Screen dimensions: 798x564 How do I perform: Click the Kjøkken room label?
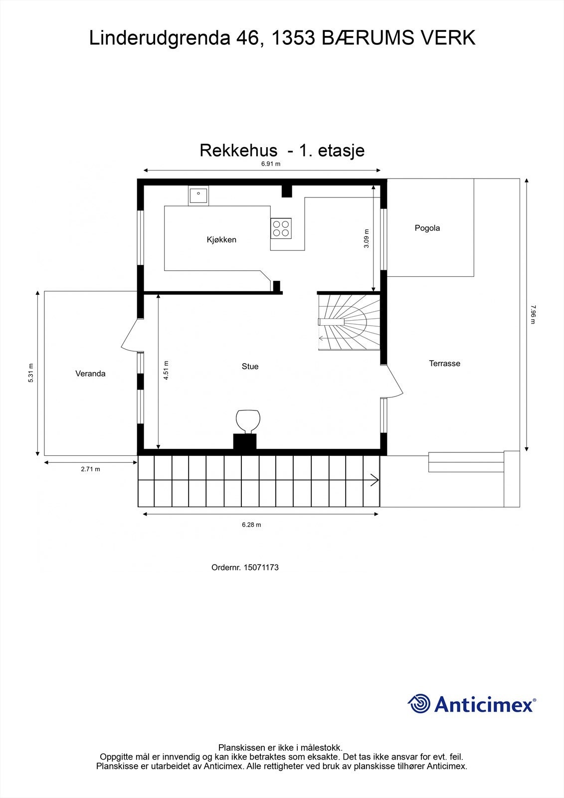(221, 240)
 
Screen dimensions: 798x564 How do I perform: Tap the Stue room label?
(250, 367)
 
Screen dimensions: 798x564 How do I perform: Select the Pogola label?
(427, 228)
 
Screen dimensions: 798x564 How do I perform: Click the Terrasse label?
(444, 364)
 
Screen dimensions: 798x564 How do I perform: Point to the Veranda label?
(90, 374)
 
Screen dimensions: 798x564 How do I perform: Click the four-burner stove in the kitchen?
(281, 228)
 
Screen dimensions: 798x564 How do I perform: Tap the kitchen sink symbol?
(198, 195)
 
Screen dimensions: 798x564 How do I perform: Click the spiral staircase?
(349, 322)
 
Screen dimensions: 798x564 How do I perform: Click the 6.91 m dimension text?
(271, 164)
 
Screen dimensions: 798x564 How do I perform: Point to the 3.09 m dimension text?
(367, 238)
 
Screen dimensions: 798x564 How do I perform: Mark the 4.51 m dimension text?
(166, 371)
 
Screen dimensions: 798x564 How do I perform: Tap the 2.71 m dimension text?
(90, 469)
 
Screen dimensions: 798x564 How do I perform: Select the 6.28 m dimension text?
(251, 525)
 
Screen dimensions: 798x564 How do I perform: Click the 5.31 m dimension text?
(30, 373)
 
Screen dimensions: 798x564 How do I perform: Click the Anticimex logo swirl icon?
(419, 704)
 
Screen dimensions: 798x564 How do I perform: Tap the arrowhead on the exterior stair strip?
(375, 481)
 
